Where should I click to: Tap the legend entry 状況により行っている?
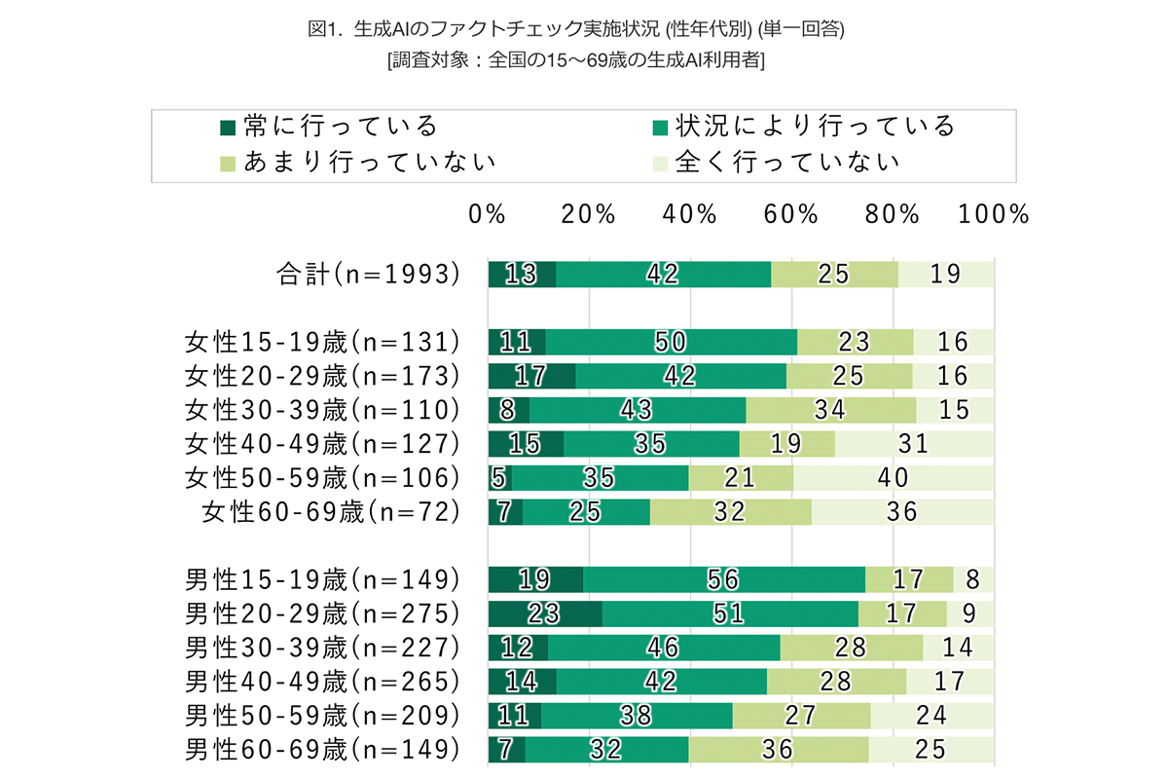804,127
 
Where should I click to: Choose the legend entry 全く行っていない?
775,161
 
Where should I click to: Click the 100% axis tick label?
993,214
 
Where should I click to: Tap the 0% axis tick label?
488,214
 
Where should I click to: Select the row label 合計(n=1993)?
368,275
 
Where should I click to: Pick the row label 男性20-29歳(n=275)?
322,613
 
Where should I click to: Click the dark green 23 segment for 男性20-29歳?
545,613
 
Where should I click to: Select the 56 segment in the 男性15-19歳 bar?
724,579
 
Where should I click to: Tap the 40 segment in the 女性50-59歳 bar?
894,477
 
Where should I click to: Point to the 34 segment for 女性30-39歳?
830,410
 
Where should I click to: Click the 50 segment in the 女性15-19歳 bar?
671,342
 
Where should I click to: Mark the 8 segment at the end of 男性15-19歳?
974,579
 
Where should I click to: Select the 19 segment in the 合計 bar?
946,275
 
